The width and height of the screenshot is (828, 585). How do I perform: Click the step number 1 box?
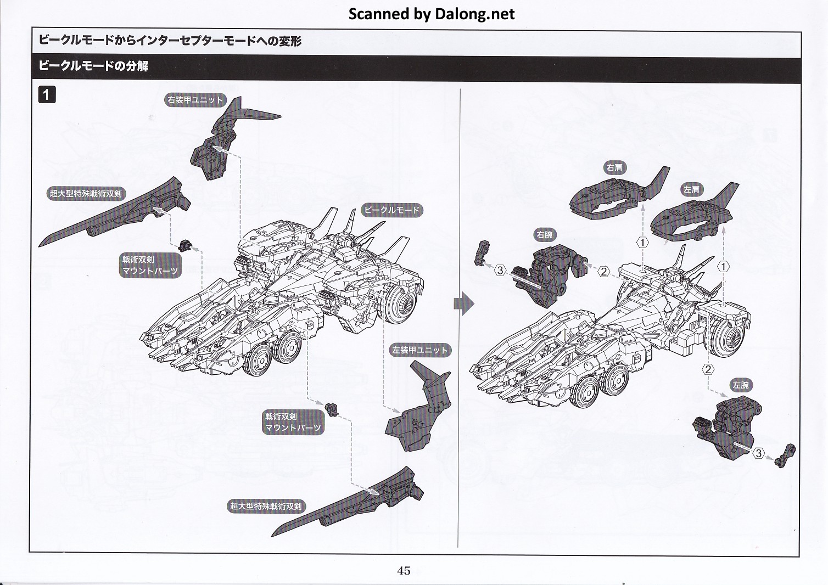(47, 94)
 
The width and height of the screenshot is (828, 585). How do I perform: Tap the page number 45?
(404, 571)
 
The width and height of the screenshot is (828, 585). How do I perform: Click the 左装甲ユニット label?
(419, 350)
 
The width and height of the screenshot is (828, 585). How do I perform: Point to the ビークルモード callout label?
(391, 210)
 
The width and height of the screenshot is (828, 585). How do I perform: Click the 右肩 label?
(614, 168)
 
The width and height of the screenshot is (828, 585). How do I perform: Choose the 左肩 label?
(691, 189)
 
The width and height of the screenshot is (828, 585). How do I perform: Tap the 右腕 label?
(544, 235)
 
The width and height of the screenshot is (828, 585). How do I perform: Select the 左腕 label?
(740, 385)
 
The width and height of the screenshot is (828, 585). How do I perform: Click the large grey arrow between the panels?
(464, 304)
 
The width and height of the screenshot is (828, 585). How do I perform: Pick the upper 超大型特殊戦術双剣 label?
(86, 193)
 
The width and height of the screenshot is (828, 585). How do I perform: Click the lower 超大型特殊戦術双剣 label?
(266, 506)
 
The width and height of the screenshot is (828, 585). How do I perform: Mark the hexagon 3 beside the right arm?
(500, 270)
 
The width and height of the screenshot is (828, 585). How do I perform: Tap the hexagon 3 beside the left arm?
(758, 453)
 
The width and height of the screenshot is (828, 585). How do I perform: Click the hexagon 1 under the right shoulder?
(642, 242)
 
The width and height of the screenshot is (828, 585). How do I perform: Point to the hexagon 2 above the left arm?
(708, 369)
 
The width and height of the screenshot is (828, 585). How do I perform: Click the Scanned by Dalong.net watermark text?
(432, 14)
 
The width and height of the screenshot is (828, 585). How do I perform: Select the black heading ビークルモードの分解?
(93, 66)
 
